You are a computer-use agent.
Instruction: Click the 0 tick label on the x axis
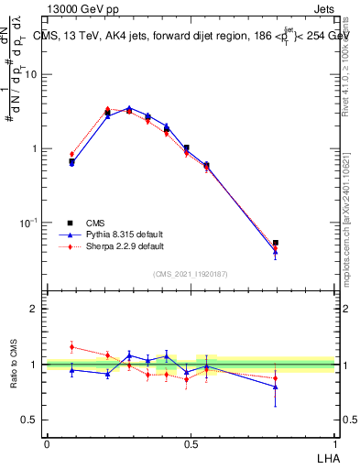47,444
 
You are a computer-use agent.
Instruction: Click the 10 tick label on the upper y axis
31,74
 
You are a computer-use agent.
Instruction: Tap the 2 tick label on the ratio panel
35,309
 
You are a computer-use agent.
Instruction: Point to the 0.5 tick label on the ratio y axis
30,420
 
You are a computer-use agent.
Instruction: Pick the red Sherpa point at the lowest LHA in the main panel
71,154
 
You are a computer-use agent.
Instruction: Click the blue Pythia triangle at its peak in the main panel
129,108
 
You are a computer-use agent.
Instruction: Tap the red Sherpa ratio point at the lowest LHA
71,347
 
